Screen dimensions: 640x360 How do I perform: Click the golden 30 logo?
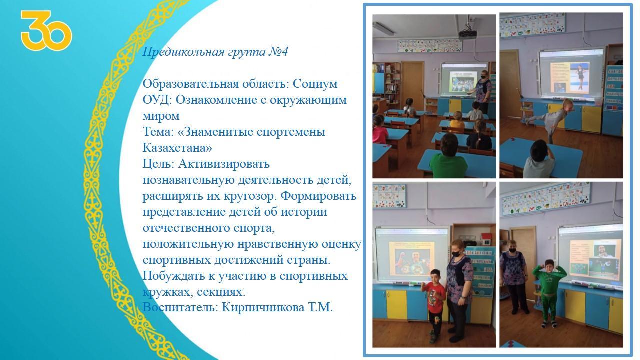[x=46, y=30]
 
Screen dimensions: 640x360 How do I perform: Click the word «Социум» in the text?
[x=315, y=84]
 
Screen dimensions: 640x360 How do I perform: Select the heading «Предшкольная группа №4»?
[x=215, y=52]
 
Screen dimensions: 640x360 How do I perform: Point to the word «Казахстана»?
[x=177, y=148]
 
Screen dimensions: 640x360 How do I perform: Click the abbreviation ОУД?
[x=156, y=100]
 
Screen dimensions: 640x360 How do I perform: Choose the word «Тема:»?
[x=158, y=132]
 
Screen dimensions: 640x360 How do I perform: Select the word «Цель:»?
[x=158, y=164]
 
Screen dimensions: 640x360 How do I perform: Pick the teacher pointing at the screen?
[x=484, y=91]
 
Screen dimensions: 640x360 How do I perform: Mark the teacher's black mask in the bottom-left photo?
[x=455, y=253]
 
